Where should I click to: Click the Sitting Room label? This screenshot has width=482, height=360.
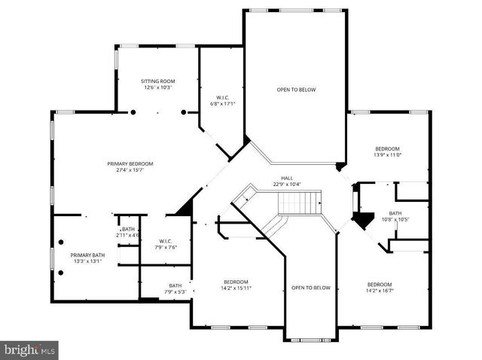157,81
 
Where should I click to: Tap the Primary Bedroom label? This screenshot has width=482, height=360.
130,163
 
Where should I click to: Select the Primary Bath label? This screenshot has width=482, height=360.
85,255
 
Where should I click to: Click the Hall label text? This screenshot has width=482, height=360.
286,178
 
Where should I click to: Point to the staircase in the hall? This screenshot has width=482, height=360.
300,202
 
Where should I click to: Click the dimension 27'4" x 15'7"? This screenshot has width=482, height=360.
130,170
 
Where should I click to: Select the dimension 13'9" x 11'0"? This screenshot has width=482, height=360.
387,155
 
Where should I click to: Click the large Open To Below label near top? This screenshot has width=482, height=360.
296,90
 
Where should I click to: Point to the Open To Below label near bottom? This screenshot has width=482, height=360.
311,288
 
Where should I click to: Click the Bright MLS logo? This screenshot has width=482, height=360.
29,349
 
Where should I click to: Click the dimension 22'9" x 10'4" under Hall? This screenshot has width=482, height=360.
286,185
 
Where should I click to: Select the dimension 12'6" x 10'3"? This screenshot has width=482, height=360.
157,87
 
